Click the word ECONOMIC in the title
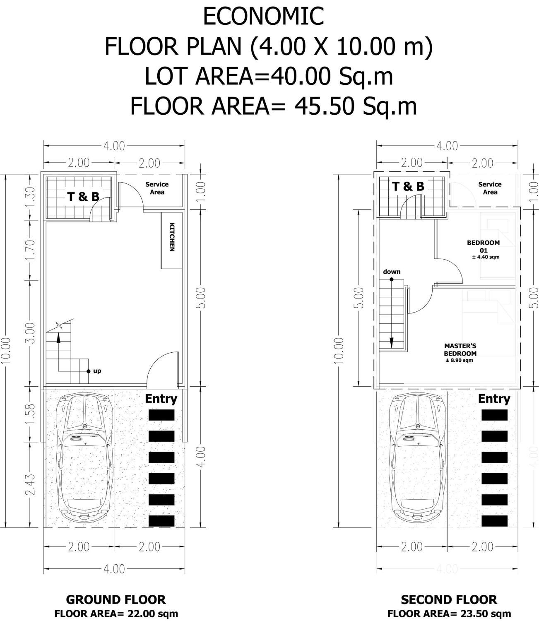coord(263,17)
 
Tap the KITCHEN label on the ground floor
coord(172,237)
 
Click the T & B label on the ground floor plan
coord(83,197)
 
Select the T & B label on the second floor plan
coord(408,186)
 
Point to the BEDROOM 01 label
coord(484,246)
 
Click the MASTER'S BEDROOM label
coord(460,350)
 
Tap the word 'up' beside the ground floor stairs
coord(97,371)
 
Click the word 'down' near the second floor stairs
coord(392,272)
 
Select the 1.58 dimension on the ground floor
coord(31,414)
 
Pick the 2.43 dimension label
coord(31,484)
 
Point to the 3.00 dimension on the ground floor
coord(31,333)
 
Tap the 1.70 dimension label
coord(31,250)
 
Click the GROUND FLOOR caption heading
coord(116,600)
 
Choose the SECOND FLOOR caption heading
coord(449,600)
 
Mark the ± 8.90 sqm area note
coord(459,361)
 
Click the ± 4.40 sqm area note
coord(486,257)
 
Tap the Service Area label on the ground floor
coord(157,188)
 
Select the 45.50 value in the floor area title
coord(325,106)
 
